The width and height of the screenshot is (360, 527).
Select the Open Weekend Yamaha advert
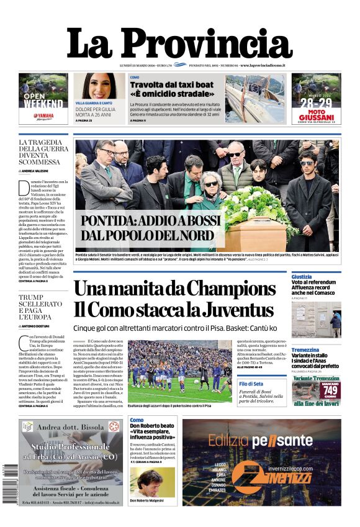point(43,99)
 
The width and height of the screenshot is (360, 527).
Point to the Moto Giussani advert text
point(317,115)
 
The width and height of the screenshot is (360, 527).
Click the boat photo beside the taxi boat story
point(255,99)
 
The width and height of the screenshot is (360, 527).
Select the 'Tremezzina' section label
point(305,350)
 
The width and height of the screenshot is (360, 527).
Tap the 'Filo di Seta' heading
point(269,384)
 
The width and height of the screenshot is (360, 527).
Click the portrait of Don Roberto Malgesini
point(152,482)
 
